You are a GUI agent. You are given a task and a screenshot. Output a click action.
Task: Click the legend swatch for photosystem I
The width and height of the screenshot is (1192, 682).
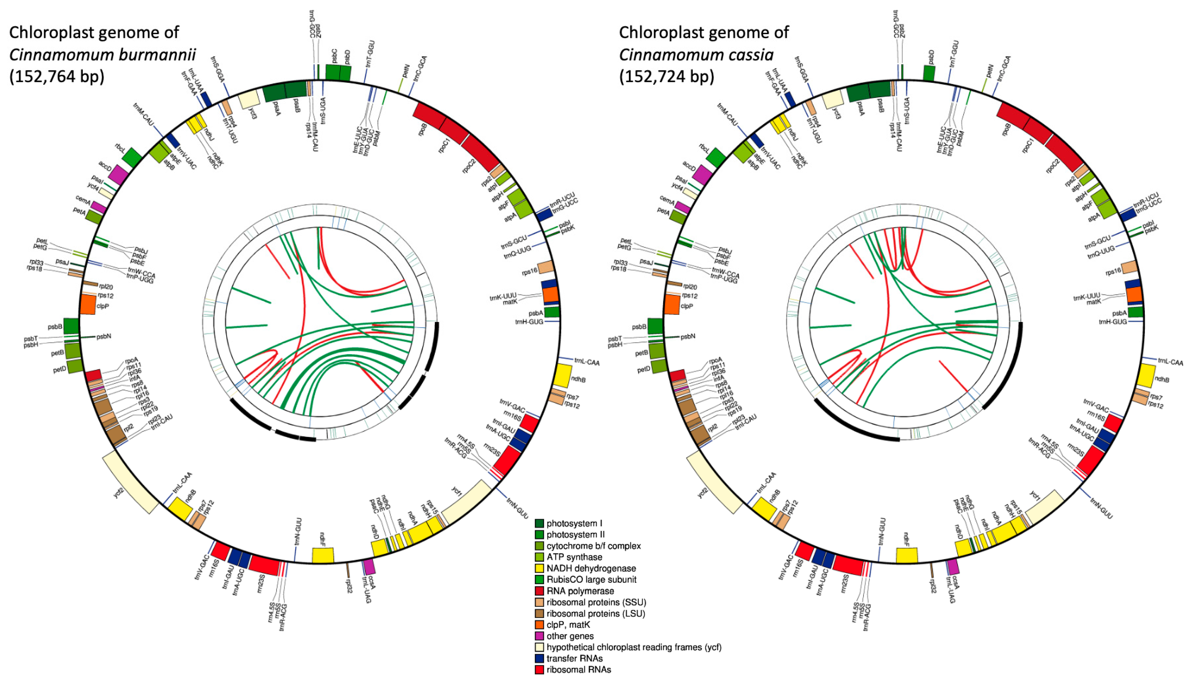[540, 523]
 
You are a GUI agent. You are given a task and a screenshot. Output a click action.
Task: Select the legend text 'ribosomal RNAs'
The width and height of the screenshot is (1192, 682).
[579, 670]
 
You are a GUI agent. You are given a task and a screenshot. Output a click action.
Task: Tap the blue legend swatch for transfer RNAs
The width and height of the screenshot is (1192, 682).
[540, 659]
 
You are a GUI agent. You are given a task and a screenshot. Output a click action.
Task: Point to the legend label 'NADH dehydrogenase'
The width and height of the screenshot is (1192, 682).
[591, 568]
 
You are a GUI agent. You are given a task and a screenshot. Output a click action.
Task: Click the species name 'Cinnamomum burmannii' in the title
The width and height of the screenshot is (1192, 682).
[102, 55]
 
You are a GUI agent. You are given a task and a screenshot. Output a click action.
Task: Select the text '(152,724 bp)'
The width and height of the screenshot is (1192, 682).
[667, 76]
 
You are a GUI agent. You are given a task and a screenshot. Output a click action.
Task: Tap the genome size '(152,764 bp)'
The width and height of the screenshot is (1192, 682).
[57, 76]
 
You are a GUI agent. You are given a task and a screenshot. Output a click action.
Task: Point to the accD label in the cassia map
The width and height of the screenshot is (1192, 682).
[689, 166]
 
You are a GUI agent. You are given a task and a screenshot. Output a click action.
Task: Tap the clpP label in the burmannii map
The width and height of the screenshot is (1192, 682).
[103, 306]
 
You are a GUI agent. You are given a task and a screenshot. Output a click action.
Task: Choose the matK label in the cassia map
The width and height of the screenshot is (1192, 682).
[1094, 302]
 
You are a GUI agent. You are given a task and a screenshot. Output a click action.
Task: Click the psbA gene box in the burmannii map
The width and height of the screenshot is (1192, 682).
[552, 312]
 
